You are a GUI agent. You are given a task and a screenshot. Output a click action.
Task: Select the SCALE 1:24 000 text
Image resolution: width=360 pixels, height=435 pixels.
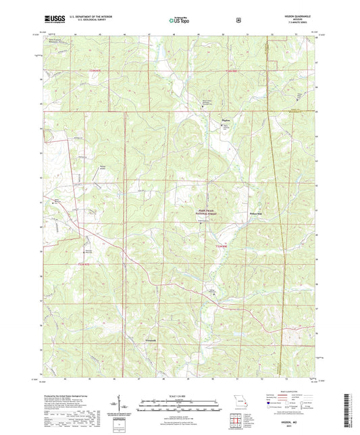coord(180,397)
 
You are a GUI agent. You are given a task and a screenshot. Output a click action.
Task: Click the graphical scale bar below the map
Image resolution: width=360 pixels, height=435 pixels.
coord(180,405)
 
